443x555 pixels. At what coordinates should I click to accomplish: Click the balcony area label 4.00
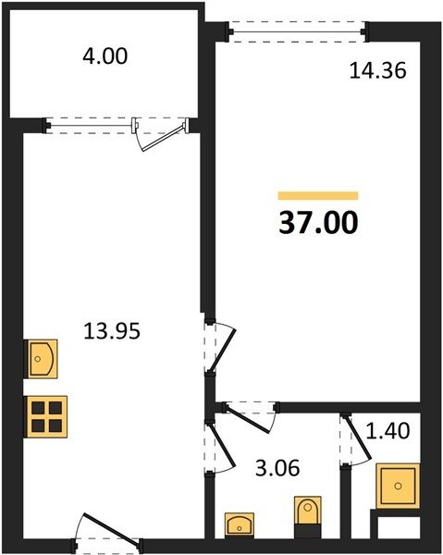tap(105, 56)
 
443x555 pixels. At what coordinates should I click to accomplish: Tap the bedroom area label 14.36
tap(377, 70)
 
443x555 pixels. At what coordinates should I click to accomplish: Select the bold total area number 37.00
tap(318, 223)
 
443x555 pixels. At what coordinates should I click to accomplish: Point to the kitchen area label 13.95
tap(112, 331)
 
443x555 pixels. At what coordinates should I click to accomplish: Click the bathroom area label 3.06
tap(277, 468)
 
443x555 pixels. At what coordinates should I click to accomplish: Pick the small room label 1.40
tap(388, 431)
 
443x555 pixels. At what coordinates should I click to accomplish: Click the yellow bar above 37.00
tap(318, 196)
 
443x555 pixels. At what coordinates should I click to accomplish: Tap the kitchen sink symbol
tap(41, 359)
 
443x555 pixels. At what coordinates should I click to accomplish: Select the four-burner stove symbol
tap(45, 416)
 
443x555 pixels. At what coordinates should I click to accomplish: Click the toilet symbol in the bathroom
tap(308, 510)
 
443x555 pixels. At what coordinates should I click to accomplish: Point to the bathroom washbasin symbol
tap(240, 524)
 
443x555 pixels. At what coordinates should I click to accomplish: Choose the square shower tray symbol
tap(398, 486)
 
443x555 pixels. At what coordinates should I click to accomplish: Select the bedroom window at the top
tap(297, 31)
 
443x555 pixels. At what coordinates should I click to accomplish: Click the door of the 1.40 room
tap(358, 438)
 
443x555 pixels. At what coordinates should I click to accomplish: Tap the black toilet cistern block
tap(308, 531)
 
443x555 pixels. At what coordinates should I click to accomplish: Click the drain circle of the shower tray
tap(399, 486)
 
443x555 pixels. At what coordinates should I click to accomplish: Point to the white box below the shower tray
tap(399, 528)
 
